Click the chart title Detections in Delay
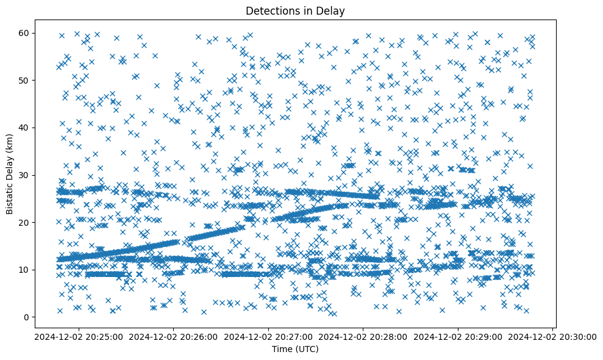click(x=295, y=11)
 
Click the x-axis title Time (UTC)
click(x=295, y=350)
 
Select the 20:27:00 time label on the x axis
click(x=268, y=336)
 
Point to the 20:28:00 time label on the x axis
click(x=363, y=336)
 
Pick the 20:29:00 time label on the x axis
click(x=458, y=336)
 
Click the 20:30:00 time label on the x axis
click(x=552, y=336)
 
